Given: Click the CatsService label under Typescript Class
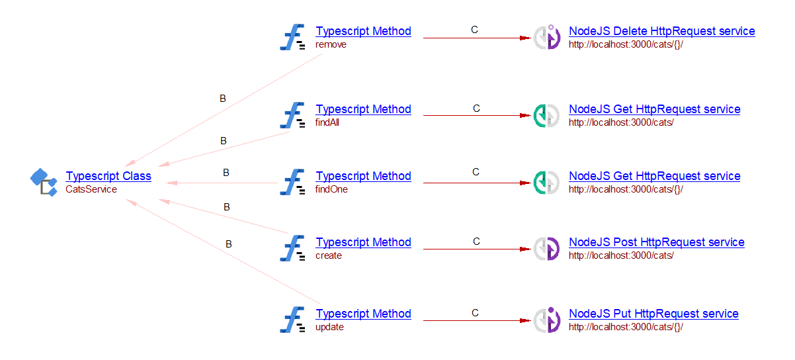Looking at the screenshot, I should coord(91,189).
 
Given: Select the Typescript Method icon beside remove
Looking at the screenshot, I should coord(292,38).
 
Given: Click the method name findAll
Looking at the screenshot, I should coord(327,122).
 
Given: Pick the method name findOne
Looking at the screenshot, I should coord(331,189).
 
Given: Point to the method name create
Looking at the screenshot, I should coord(329,255).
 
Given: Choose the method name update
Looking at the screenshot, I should coord(329,327).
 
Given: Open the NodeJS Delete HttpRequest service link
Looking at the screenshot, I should coord(661,31).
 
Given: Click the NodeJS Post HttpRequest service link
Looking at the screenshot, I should coord(656,242).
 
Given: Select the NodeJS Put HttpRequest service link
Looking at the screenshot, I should coord(653,314).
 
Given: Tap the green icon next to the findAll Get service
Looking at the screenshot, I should coord(546,116).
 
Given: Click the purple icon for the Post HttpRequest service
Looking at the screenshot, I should coord(546,249).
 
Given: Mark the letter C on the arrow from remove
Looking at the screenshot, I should coord(474,30).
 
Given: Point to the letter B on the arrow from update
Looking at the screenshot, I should coord(229,244).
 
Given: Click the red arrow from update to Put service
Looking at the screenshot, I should coord(476,321).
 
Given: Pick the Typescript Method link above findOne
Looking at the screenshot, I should coord(363,176).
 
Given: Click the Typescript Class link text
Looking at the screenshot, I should coord(108,176).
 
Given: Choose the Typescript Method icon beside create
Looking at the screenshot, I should coord(292,249).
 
